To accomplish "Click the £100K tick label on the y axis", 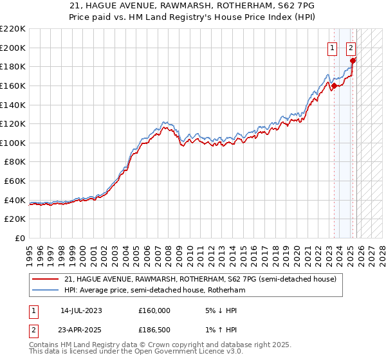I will pos(13,143).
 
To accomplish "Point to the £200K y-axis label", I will pos(13,48).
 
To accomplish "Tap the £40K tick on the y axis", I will pos(15,200).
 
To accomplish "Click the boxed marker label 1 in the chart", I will pos(332,47).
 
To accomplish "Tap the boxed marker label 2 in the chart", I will pos(351,47).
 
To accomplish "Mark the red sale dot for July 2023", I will pos(334,85).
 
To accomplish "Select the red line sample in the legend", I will pos(45,279).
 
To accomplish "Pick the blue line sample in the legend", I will pos(45,290).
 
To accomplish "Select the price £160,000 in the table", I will pos(154,310).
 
